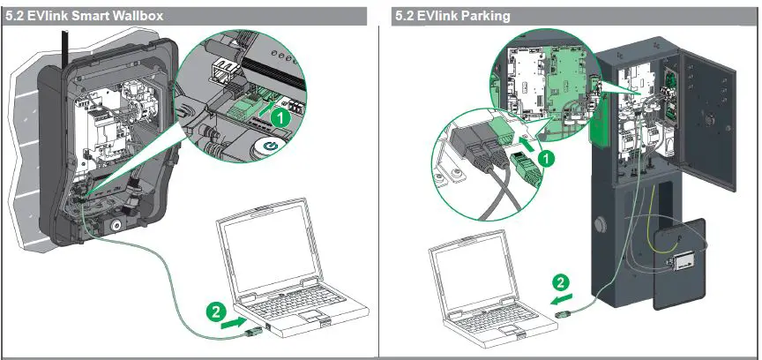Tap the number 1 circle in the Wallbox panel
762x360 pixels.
tap(280, 115)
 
